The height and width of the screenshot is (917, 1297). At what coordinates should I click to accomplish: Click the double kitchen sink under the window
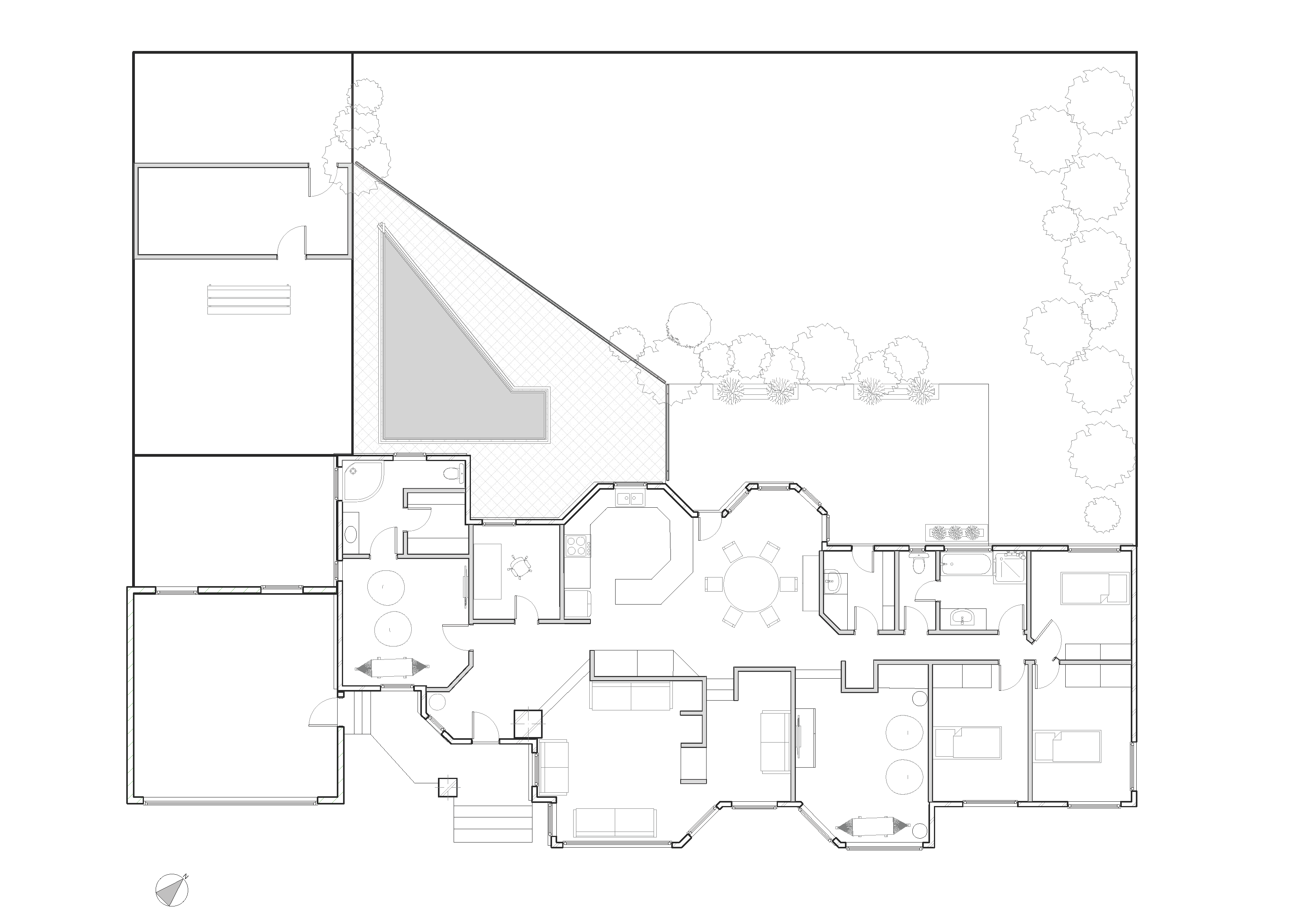click(x=631, y=498)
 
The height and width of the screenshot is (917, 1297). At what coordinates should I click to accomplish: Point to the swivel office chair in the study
click(x=520, y=567)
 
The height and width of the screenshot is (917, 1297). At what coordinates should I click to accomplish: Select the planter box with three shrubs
click(x=956, y=532)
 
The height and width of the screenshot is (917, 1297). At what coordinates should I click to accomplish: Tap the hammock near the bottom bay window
click(x=872, y=826)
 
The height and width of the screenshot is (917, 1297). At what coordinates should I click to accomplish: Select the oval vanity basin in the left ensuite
click(x=351, y=533)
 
